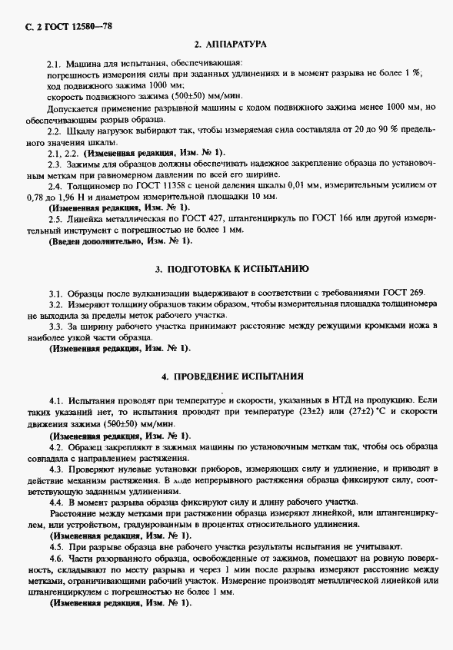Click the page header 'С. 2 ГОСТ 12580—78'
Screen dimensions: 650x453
tap(64, 26)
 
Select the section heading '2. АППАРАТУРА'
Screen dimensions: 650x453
tap(230, 45)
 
